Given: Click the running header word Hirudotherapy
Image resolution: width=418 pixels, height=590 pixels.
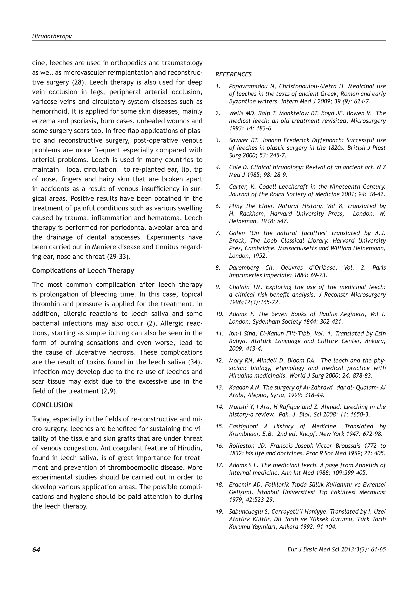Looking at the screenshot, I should pos(52,36).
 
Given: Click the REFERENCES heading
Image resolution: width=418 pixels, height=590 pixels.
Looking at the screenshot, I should pos(233,74).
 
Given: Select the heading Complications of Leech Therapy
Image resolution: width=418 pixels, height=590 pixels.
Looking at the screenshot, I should pos(83,270).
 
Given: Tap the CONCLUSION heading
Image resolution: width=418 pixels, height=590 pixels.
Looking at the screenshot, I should pos(52,405).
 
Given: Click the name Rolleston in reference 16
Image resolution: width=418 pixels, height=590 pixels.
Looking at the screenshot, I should pos(240,446).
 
